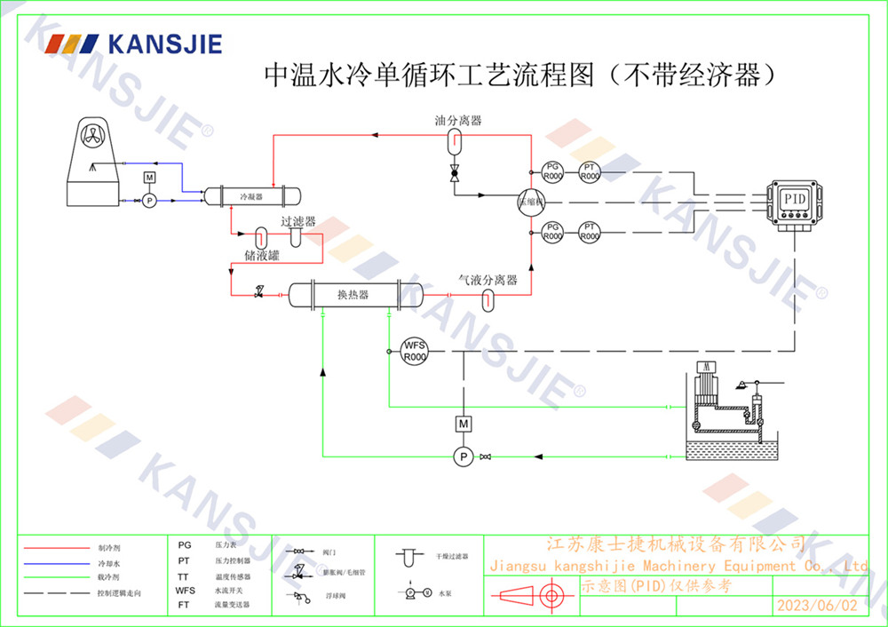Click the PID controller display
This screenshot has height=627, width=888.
(794, 198)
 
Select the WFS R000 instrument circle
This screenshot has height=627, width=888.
(415, 351)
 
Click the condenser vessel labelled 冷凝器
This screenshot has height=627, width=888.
(251, 195)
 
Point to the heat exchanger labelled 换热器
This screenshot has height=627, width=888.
(353, 294)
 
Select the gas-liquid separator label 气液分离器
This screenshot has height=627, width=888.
(488, 279)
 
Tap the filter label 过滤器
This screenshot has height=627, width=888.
(298, 221)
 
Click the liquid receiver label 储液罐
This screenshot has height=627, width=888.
(262, 256)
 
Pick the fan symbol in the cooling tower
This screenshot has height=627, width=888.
(92, 136)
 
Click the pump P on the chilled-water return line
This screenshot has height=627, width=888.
(462, 456)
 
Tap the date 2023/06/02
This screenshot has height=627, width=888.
(817, 606)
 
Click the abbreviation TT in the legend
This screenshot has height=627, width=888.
(184, 575)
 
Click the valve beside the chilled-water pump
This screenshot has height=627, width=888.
(485, 456)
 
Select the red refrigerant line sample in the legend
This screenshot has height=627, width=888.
(52, 548)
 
